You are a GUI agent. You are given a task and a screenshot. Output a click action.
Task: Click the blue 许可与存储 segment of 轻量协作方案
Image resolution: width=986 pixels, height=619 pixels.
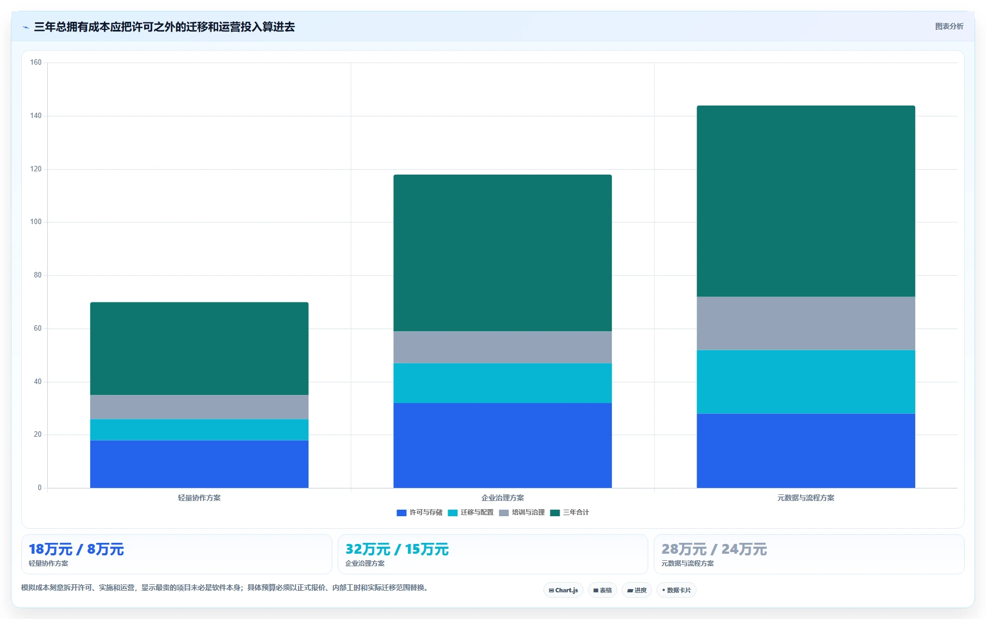click(199, 464)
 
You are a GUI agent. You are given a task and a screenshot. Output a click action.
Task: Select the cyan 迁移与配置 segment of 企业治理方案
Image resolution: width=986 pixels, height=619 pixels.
click(503, 383)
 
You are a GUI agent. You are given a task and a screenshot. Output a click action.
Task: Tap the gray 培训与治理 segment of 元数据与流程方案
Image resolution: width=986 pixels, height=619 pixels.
click(806, 323)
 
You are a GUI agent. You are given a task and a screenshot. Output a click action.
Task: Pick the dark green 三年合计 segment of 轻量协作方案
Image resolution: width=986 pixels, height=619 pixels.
click(199, 349)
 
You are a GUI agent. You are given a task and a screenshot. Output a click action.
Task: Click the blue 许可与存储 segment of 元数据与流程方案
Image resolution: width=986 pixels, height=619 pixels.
click(806, 451)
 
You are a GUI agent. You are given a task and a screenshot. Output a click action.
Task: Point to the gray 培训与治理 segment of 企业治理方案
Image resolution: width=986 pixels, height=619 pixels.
click(503, 347)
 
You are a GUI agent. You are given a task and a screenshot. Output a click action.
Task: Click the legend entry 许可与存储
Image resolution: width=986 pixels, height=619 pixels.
click(420, 512)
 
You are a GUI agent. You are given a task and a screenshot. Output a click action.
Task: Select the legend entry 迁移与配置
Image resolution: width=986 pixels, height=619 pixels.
click(471, 512)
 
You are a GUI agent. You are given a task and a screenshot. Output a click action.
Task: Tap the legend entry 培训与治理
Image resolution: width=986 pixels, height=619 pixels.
click(522, 512)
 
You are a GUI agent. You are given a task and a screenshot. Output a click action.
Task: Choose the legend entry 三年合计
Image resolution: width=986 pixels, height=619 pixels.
click(570, 512)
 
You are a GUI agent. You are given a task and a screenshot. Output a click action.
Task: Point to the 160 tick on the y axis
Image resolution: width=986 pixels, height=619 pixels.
click(36, 63)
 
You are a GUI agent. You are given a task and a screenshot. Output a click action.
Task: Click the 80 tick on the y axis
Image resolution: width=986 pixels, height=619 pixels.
click(38, 275)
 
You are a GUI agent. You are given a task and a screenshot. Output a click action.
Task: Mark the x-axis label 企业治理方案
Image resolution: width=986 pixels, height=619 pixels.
click(503, 498)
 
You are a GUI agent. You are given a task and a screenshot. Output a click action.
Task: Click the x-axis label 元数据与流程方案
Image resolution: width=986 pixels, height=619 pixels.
click(806, 498)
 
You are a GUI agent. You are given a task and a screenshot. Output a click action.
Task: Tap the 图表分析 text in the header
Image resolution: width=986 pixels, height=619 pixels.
click(949, 26)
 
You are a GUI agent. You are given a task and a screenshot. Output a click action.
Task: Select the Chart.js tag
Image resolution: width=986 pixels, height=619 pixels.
click(563, 590)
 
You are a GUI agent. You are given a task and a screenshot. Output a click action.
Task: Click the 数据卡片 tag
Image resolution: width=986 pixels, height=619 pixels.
click(677, 590)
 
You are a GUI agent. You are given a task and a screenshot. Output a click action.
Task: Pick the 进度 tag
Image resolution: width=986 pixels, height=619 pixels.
click(637, 590)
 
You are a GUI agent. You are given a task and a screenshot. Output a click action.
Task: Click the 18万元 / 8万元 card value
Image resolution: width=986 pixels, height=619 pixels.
click(77, 549)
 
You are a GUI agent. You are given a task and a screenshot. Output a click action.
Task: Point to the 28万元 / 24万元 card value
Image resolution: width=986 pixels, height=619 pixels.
click(714, 549)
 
